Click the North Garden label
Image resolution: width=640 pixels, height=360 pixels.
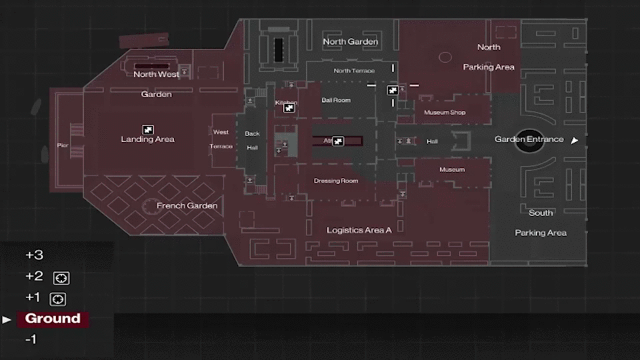[x=350, y=41]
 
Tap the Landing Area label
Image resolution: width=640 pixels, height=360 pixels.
[x=147, y=139]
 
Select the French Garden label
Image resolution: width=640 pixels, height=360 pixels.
[x=187, y=206]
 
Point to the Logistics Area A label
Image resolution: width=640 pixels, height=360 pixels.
[x=359, y=230]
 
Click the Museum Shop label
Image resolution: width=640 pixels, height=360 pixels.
[x=445, y=113]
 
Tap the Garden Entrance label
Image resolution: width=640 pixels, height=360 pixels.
[x=529, y=139]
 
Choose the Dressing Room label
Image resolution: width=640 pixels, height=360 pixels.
[x=336, y=181]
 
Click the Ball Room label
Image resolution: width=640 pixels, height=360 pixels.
[x=336, y=100]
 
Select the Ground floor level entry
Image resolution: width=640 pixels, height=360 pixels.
[x=53, y=319]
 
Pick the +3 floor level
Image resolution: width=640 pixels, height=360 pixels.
[x=34, y=255]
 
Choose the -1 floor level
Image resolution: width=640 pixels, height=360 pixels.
[x=31, y=339]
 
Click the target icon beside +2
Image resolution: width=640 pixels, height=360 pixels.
[x=61, y=278]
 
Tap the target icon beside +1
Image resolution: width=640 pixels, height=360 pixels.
[x=59, y=299]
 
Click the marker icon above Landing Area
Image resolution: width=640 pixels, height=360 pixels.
[x=147, y=129]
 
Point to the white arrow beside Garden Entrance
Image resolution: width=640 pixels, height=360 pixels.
[x=575, y=140]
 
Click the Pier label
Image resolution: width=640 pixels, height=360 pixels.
[x=63, y=145]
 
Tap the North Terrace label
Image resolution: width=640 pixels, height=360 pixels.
[x=354, y=71]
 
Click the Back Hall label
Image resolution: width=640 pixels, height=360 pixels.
[x=252, y=140]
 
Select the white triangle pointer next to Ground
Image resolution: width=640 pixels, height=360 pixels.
[x=7, y=319]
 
